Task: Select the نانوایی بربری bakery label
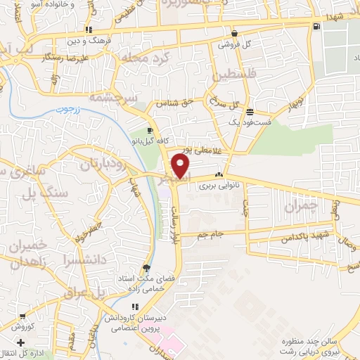219,188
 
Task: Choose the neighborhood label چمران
303,207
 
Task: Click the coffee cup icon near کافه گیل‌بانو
150,130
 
